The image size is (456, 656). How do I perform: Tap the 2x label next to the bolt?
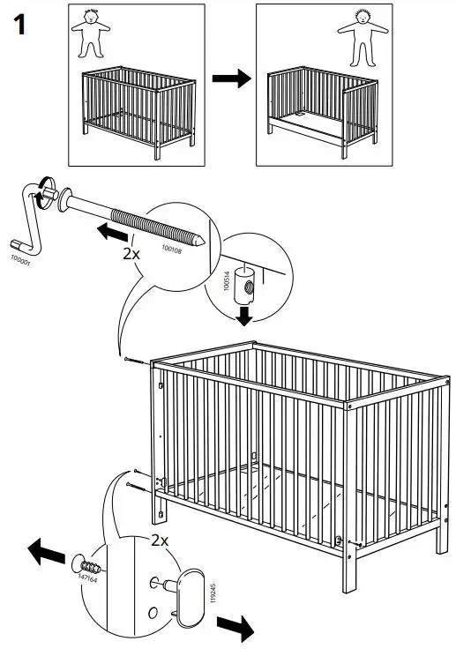click(x=130, y=253)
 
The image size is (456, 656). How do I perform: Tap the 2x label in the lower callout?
click(x=161, y=539)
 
